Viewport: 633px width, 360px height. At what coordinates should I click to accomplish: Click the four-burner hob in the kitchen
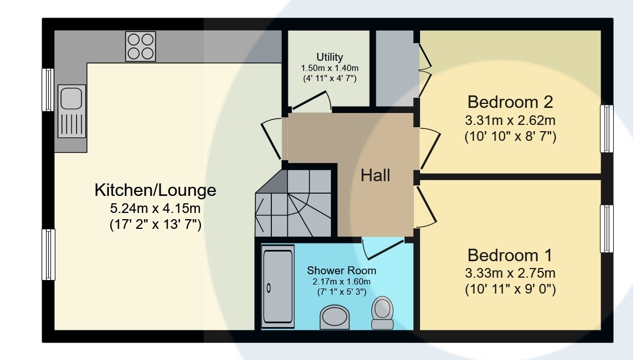(140, 47)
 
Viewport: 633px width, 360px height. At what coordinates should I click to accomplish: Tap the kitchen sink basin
(72, 98)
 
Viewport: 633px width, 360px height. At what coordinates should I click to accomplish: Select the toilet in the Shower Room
(382, 313)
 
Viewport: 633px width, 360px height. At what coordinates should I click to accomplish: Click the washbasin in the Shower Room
(334, 317)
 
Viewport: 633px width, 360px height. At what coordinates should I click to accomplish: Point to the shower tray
(278, 287)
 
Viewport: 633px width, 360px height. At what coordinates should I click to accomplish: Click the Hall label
(375, 175)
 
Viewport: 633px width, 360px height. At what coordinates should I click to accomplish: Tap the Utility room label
(330, 57)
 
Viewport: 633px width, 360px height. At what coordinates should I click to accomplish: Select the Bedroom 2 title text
(510, 102)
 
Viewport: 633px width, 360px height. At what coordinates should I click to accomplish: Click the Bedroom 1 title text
(510, 256)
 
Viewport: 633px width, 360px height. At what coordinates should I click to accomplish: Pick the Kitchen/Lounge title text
(156, 190)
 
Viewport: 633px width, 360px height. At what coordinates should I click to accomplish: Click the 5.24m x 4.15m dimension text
(156, 208)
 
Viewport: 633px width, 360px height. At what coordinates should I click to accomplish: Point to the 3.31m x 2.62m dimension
(510, 120)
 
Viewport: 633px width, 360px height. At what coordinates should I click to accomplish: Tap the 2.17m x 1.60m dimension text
(342, 282)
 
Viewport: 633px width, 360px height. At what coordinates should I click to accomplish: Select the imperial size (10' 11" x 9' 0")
(510, 290)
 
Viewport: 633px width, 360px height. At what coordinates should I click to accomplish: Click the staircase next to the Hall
(294, 203)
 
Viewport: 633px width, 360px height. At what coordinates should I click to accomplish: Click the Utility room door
(312, 101)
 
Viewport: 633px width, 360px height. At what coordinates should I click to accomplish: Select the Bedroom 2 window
(607, 129)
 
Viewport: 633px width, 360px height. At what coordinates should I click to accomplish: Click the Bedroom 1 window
(607, 229)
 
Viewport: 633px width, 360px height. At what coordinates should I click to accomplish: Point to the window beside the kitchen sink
(48, 90)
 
